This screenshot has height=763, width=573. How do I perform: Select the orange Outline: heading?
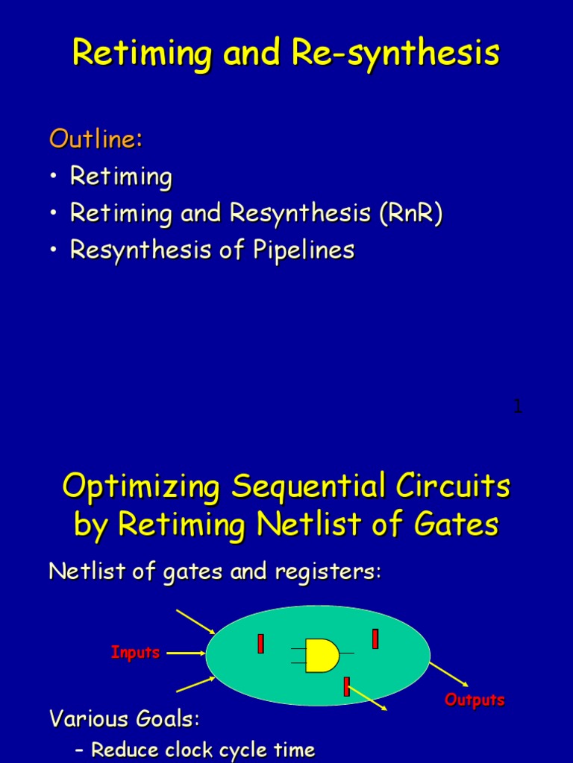tap(95, 139)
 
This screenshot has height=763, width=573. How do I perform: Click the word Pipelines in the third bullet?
tap(307, 250)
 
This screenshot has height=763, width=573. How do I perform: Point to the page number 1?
tap(517, 406)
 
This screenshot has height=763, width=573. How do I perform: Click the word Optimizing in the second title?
tap(141, 487)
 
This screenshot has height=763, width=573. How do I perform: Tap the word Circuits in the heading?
tap(457, 487)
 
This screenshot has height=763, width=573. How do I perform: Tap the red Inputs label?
tap(135, 653)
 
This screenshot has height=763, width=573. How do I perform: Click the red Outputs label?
tap(475, 700)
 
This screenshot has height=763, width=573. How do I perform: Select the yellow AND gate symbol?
tap(322, 655)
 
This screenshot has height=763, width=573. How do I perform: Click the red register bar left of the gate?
tap(260, 644)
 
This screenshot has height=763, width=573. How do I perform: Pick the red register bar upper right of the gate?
tap(375, 639)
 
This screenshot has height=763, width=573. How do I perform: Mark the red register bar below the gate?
tap(346, 686)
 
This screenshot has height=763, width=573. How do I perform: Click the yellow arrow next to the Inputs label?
tap(186, 653)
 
